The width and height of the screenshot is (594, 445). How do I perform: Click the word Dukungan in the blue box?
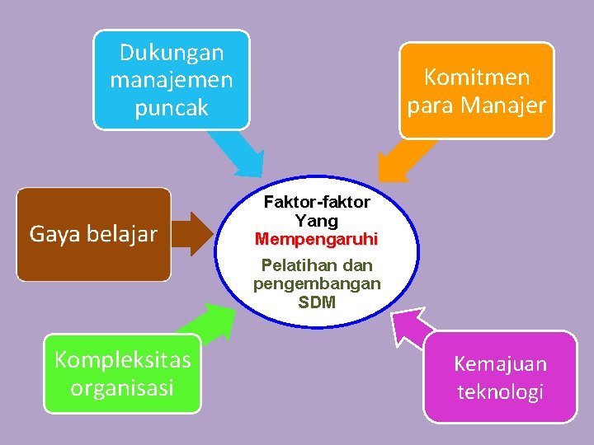(x=172, y=53)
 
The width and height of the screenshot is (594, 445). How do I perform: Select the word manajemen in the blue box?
(x=172, y=81)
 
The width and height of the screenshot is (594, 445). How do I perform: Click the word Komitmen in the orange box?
(x=476, y=77)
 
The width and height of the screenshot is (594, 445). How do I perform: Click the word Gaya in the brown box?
(x=53, y=235)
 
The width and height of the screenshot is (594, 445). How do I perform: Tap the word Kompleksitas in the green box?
(x=122, y=360)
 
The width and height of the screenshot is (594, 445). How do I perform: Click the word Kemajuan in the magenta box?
(x=500, y=364)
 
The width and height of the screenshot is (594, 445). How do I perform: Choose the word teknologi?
(x=500, y=391)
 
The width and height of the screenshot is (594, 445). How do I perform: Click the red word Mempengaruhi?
(x=317, y=240)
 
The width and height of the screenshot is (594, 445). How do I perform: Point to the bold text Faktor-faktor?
(x=317, y=203)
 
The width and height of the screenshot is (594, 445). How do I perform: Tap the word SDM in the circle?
(x=317, y=302)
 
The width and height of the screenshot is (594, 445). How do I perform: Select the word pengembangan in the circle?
(x=317, y=284)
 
